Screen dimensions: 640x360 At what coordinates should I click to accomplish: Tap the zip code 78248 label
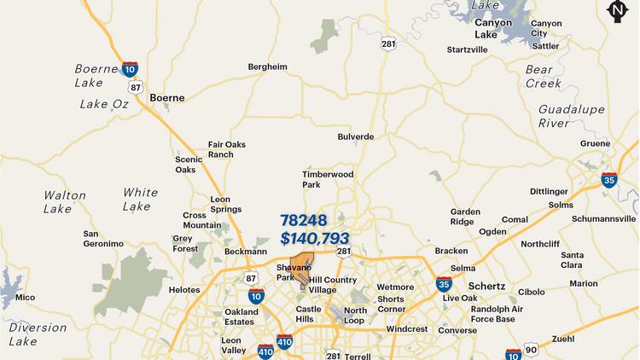point(304,220)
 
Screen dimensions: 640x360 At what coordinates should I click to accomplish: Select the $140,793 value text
point(314,239)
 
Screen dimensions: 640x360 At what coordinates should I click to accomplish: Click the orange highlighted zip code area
point(300,265)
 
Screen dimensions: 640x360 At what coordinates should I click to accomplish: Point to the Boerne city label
point(166,98)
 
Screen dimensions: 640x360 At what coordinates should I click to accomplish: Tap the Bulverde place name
point(356,136)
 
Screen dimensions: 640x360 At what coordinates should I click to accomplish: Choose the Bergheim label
point(267,67)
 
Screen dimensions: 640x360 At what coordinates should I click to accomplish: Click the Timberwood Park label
point(328,179)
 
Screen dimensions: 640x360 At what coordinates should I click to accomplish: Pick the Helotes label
point(183,290)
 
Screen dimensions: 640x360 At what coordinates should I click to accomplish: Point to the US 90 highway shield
point(532,351)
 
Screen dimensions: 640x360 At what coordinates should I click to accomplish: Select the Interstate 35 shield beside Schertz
point(444,284)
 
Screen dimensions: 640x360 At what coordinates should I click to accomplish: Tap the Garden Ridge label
point(466,217)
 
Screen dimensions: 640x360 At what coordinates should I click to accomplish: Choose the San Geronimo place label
point(103,239)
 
